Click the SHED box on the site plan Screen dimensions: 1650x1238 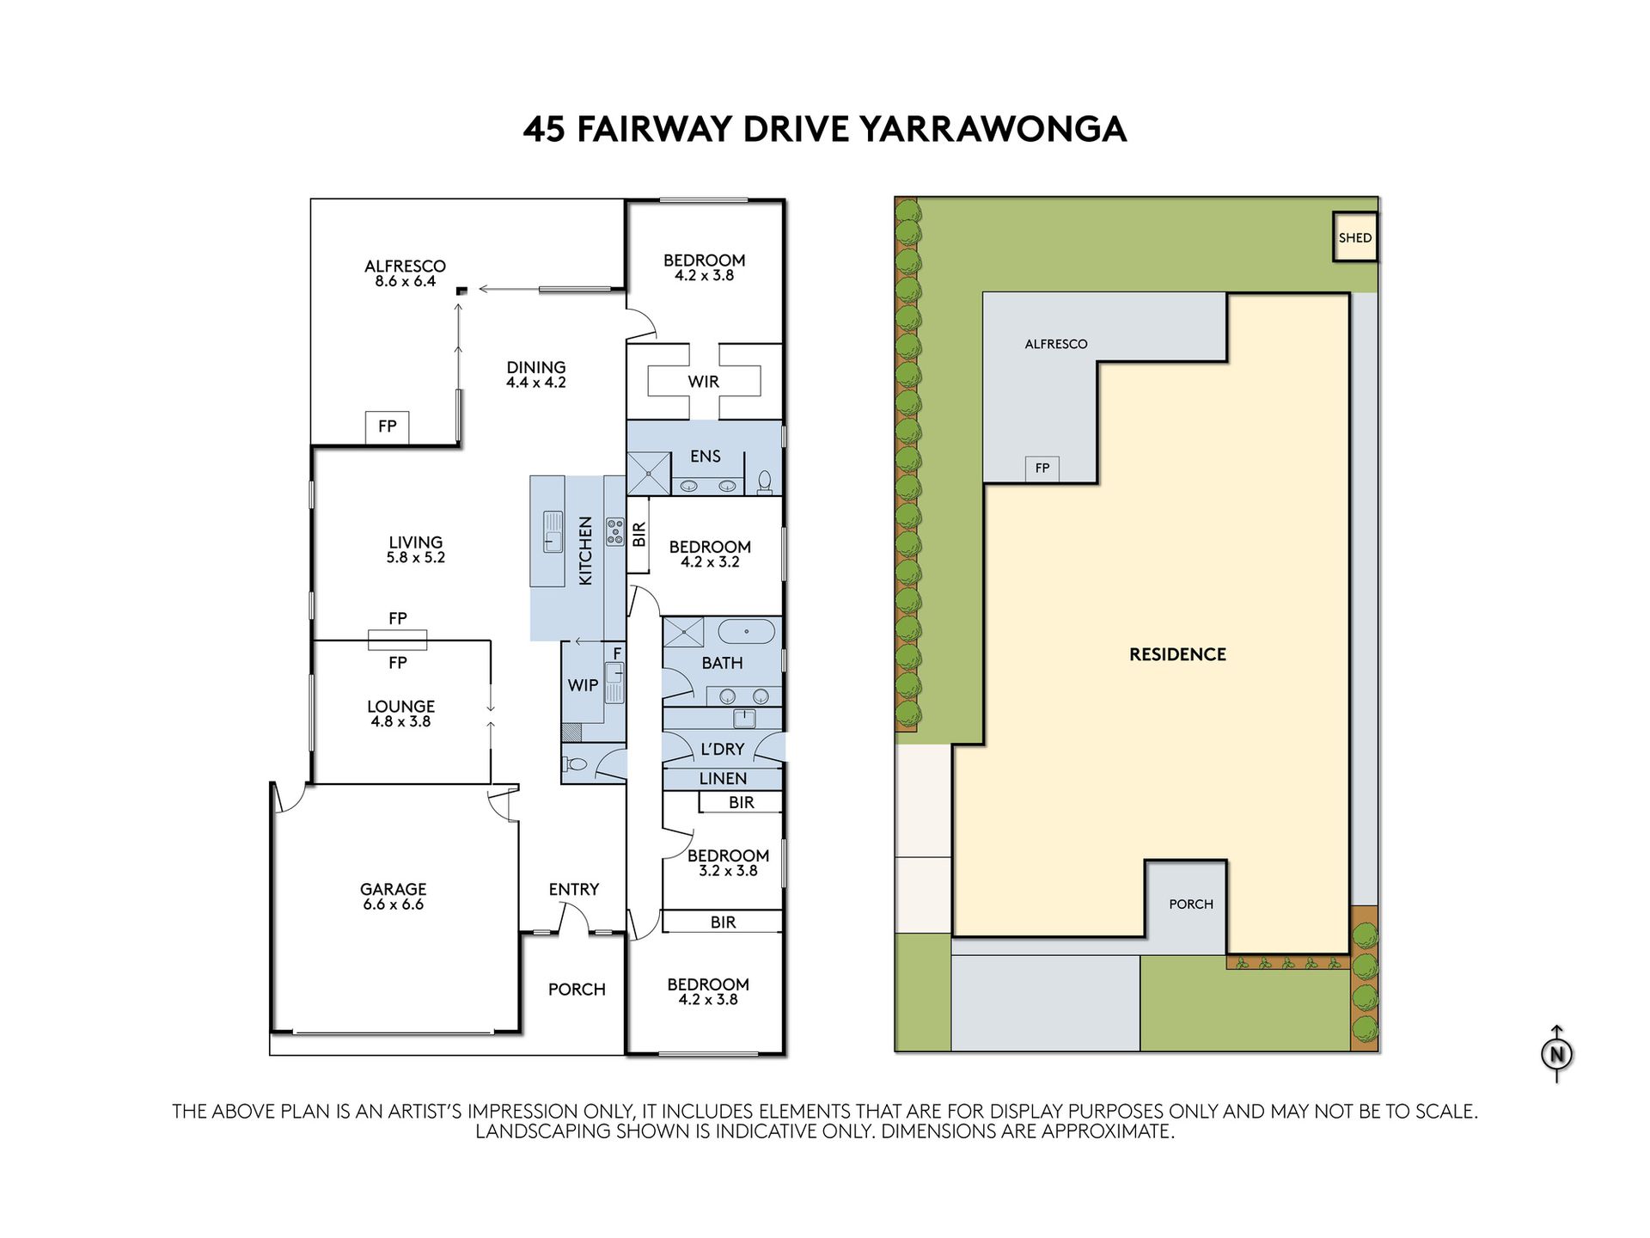[1354, 236]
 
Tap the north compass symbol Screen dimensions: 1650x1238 [1556, 1053]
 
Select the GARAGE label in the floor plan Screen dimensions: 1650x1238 [393, 889]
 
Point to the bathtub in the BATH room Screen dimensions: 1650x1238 [747, 632]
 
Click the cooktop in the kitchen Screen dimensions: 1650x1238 [615, 532]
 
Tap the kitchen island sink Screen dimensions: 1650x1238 [553, 531]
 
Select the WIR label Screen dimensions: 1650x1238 [703, 382]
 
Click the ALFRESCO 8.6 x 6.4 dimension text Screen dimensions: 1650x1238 [405, 281]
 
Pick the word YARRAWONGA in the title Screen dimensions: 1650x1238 [993, 129]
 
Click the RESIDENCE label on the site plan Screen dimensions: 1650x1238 [1177, 654]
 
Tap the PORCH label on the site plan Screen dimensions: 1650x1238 [1191, 904]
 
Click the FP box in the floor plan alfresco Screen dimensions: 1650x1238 [388, 426]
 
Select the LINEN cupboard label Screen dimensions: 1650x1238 [723, 779]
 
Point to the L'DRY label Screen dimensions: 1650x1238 [722, 749]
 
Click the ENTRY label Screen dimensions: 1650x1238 [573, 889]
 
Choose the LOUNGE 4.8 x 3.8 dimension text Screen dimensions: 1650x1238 [400, 722]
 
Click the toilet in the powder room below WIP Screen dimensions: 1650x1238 [574, 763]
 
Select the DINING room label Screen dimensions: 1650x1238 [535, 367]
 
